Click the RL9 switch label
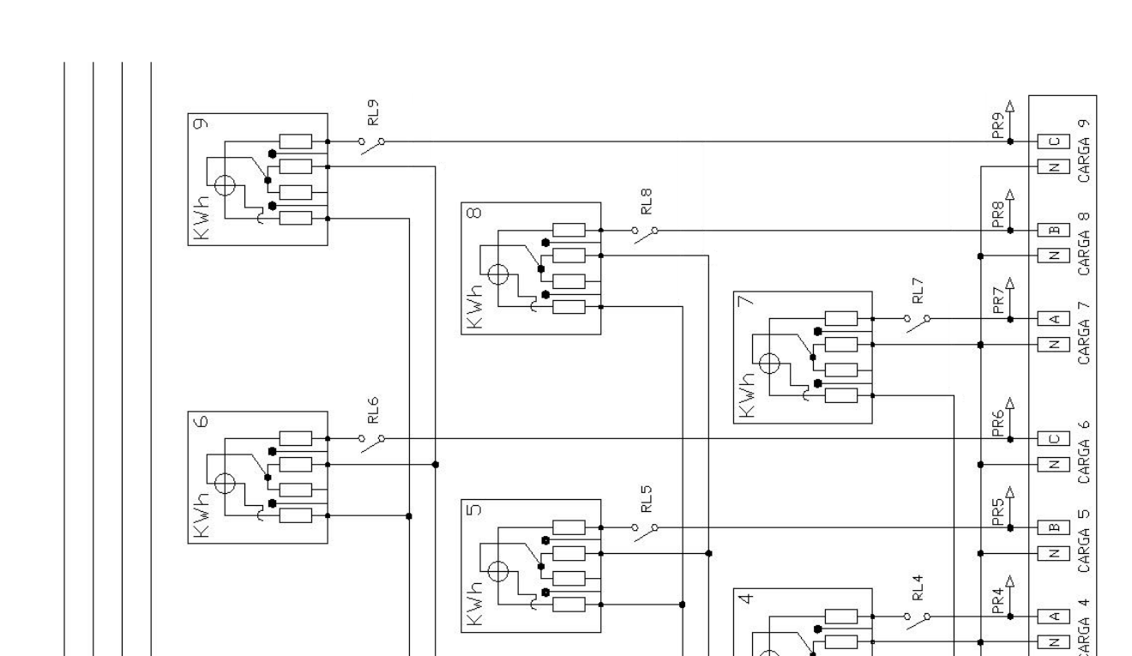click(x=373, y=112)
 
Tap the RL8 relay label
click(x=647, y=202)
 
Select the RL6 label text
click(x=373, y=410)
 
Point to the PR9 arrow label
click(x=998, y=125)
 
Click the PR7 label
click(x=998, y=300)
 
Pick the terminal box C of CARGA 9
click(x=1054, y=141)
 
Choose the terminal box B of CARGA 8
click(x=1054, y=231)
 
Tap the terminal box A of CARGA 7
click(x=1054, y=319)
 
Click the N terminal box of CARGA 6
click(x=1054, y=465)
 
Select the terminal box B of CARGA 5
click(x=1054, y=527)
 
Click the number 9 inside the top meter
click(x=201, y=123)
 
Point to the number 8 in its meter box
click(x=474, y=213)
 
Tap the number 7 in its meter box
click(x=746, y=301)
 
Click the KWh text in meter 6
click(x=201, y=515)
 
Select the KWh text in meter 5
click(x=474, y=604)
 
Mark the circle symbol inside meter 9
click(x=225, y=185)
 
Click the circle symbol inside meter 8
click(x=498, y=274)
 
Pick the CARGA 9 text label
click(x=1084, y=151)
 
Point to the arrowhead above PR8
click(x=1010, y=195)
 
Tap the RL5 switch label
click(x=647, y=499)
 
